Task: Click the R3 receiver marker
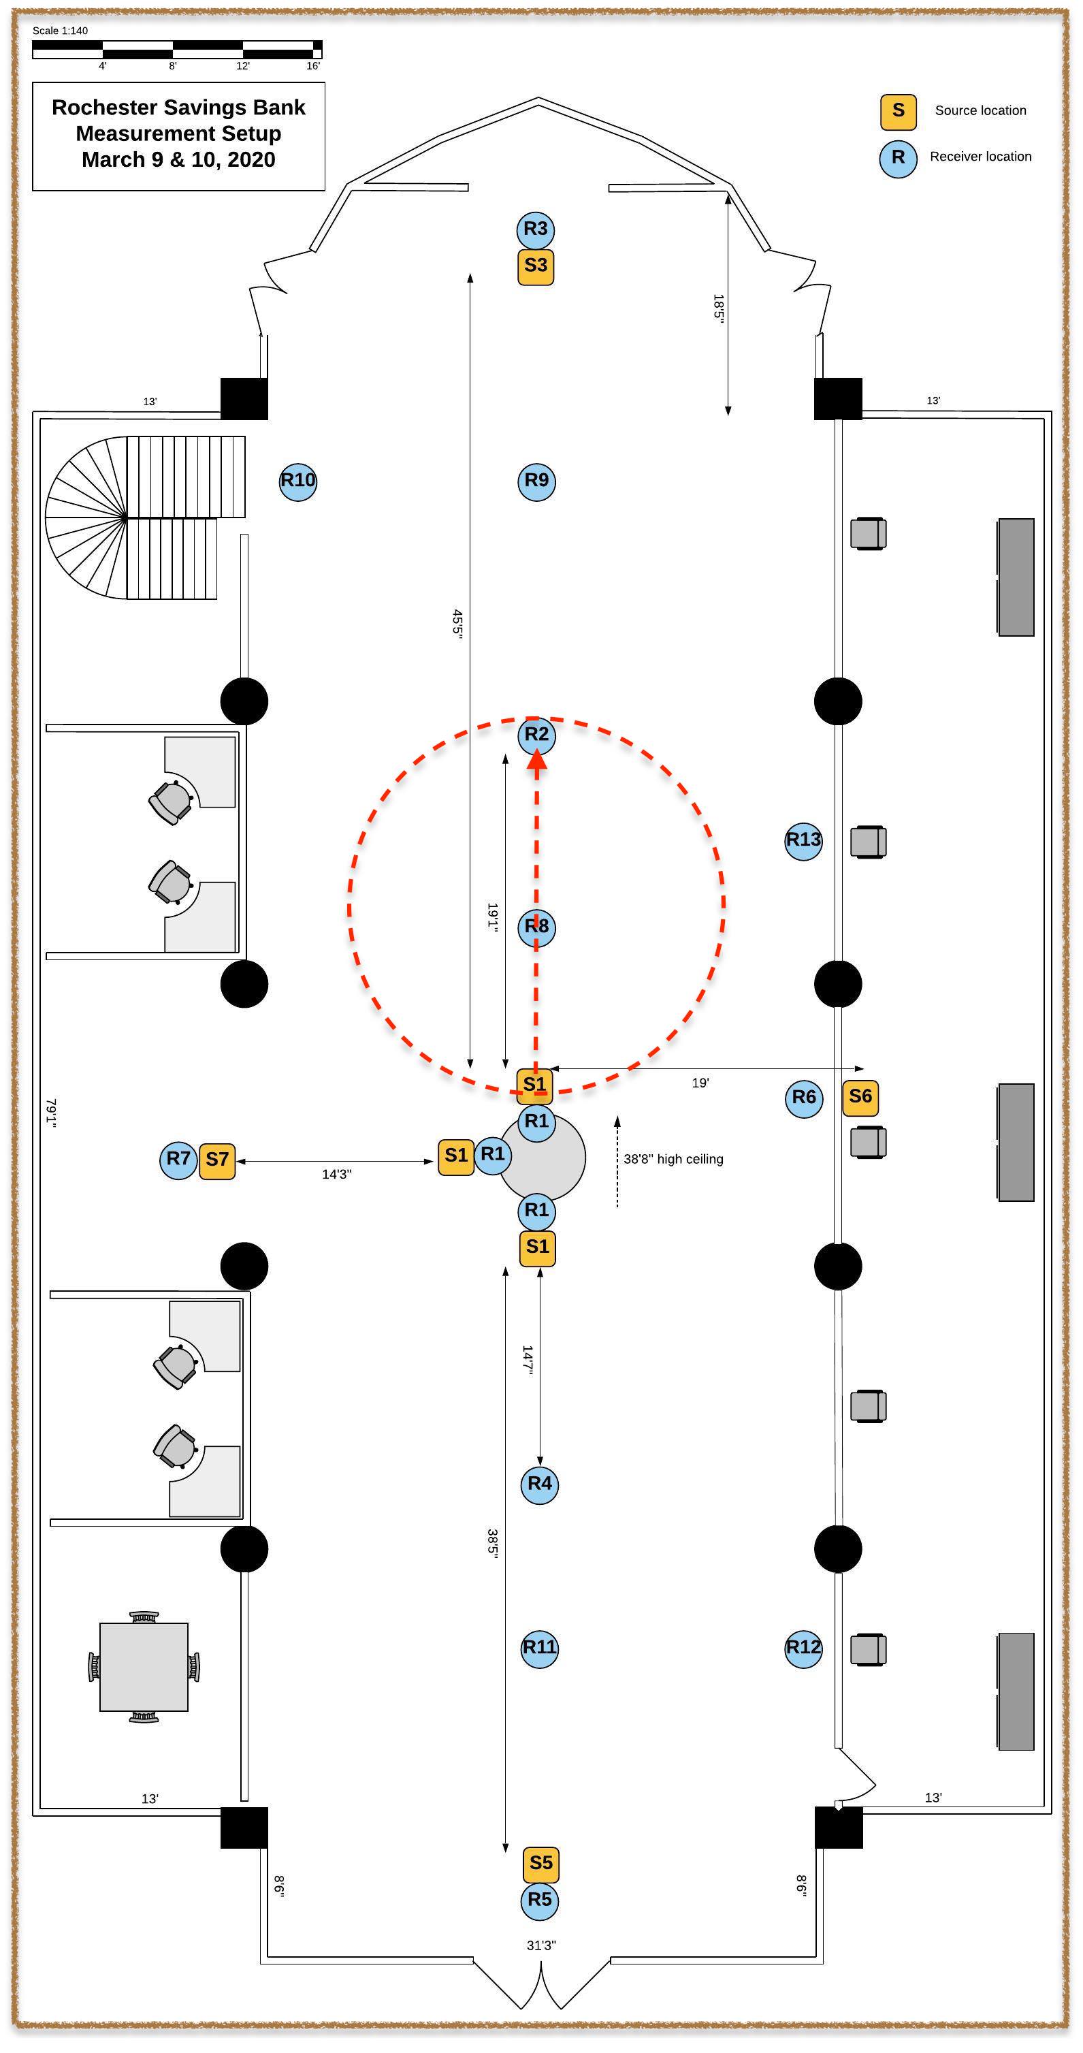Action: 536,229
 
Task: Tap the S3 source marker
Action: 536,266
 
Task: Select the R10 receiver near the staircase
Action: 298,481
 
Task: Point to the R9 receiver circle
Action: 536,481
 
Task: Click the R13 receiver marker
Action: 803,841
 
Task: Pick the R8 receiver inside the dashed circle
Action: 536,927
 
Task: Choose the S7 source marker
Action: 216,1160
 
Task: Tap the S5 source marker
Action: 541,1863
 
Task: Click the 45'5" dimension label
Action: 457,623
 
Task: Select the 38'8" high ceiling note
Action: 673,1160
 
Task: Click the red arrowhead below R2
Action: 537,759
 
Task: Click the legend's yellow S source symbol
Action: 898,112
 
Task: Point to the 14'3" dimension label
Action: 336,1175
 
